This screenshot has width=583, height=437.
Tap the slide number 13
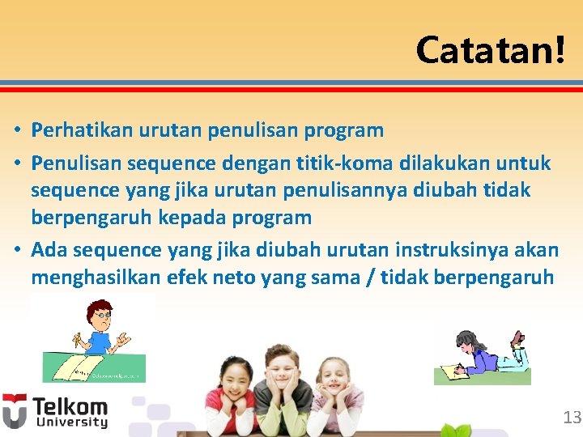pyautogui.click(x=572, y=418)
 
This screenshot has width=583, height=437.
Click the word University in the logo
pyautogui.click(x=70, y=422)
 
